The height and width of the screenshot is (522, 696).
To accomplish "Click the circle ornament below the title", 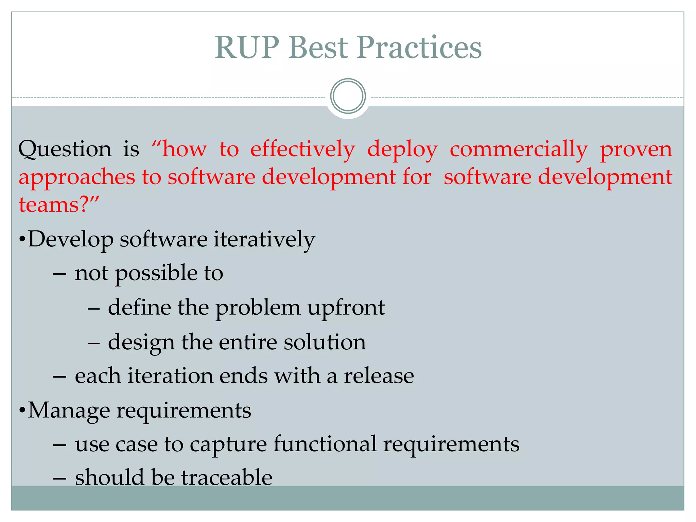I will click(x=348, y=96).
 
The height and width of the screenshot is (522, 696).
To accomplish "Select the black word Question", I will click(x=65, y=150).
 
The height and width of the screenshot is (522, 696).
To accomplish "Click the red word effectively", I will click(x=302, y=150).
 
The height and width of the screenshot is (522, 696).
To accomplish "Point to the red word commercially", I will click(x=519, y=150).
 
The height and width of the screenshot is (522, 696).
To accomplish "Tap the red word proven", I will click(x=636, y=150).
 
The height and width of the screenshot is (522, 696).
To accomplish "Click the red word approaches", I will click(x=77, y=177).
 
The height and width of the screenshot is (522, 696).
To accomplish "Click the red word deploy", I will click(x=402, y=150).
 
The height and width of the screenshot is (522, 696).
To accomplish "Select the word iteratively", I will click(x=264, y=239).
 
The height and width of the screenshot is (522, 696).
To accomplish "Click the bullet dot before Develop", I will click(x=22, y=240).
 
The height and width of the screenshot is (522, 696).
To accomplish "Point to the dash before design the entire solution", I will click(x=93, y=343).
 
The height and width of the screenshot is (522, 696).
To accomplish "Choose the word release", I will click(x=379, y=376).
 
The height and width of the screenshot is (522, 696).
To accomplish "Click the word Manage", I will click(x=69, y=411).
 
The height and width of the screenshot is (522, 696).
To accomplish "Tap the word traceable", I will click(x=227, y=477).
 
